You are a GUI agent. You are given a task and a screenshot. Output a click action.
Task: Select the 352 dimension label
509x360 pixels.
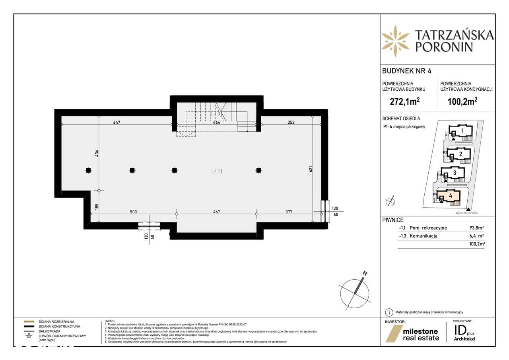tap(291, 122)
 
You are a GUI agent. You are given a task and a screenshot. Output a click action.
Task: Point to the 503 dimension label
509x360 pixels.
tap(133, 212)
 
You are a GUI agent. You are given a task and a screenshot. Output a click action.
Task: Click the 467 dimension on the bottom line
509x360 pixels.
tap(216, 212)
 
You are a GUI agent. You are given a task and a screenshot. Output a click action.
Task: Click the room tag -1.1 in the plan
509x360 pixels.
tap(217, 171)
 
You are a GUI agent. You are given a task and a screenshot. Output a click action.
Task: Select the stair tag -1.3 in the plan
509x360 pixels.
tap(217, 114)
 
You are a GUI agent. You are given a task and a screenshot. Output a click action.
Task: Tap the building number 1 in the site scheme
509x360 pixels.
tap(462, 130)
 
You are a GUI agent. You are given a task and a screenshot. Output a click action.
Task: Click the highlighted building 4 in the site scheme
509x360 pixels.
tap(451, 196)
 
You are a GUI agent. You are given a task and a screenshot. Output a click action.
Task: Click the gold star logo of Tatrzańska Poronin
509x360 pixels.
tap(395, 41)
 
